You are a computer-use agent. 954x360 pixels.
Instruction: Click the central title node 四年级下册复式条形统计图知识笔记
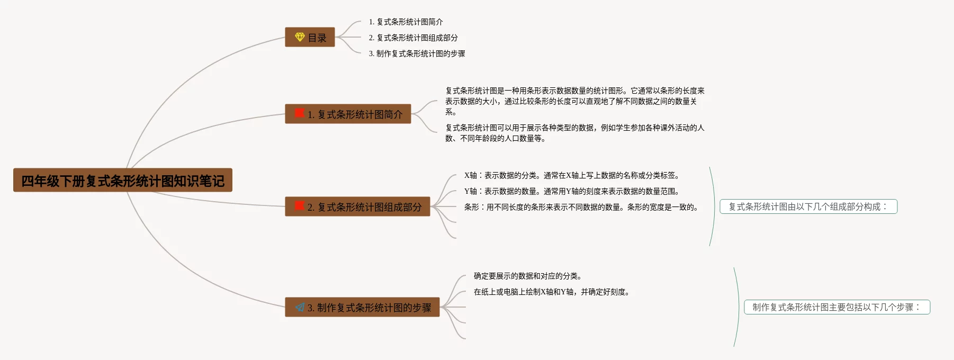coord(122,181)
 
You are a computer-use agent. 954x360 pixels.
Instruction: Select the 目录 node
coord(310,38)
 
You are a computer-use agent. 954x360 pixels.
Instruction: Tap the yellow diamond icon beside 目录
coord(300,37)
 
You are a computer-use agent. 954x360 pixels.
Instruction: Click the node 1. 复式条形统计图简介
coord(348,114)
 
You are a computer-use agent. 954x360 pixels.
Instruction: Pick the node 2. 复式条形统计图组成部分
coord(357,207)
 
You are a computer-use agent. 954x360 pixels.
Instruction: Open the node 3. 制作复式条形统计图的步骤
coord(362,308)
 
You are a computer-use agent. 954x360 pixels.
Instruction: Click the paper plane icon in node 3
coord(300,307)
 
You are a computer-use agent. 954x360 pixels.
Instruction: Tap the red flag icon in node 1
coord(300,113)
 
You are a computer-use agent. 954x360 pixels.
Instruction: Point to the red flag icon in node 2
coord(300,206)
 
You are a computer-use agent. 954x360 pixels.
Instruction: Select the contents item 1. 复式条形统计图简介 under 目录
coord(406,22)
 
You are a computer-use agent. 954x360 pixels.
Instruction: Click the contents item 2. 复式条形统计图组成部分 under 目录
coord(413,38)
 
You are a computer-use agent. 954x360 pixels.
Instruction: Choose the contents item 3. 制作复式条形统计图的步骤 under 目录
coord(417,53)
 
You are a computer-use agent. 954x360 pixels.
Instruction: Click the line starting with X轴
coord(571,175)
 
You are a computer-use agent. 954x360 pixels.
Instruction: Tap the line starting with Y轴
coord(571,191)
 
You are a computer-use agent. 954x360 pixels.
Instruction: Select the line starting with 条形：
coord(581,207)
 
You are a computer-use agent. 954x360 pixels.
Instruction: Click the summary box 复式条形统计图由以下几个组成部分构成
coord(808,206)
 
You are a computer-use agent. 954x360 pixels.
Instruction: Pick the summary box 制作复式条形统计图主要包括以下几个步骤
coord(836,307)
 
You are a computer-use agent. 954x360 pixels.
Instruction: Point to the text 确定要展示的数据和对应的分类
coord(527,276)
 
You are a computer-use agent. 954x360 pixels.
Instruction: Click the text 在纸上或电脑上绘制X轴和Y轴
coord(551,292)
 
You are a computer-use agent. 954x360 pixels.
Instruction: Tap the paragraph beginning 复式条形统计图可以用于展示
coord(574,133)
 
